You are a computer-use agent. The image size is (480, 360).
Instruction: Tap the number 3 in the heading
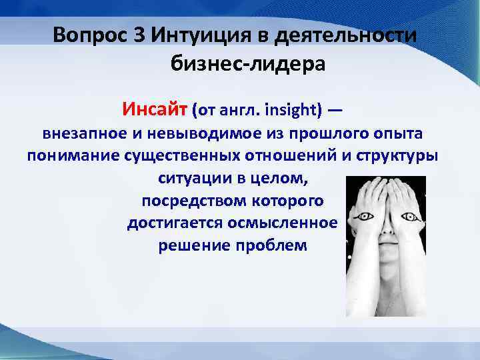coord(139,34)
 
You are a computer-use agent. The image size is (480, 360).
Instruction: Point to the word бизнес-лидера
coord(248,65)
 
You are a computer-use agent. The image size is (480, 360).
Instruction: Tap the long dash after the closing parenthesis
coord(335,109)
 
